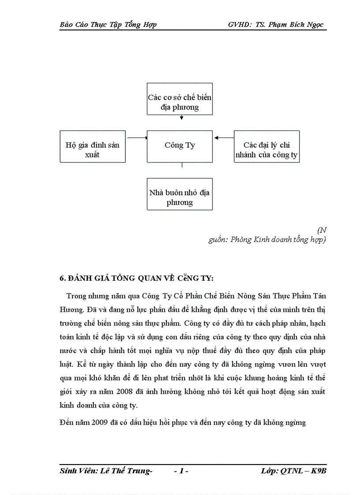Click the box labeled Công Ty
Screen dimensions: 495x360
pyautogui.click(x=180, y=146)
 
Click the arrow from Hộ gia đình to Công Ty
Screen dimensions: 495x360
pyautogui.click(x=136, y=138)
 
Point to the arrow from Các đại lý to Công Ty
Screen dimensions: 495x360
pyautogui.click(x=224, y=138)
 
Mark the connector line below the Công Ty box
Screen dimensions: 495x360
pyautogui.click(x=182, y=165)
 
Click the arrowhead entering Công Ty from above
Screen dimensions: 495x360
pyautogui.click(x=181, y=118)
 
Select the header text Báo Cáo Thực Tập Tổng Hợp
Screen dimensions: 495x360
pyautogui.click(x=108, y=25)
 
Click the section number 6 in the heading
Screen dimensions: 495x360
pyautogui.click(x=62, y=279)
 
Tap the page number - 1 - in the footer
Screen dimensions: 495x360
pyautogui.click(x=181, y=472)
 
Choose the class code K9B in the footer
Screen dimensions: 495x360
pyautogui.click(x=318, y=472)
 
